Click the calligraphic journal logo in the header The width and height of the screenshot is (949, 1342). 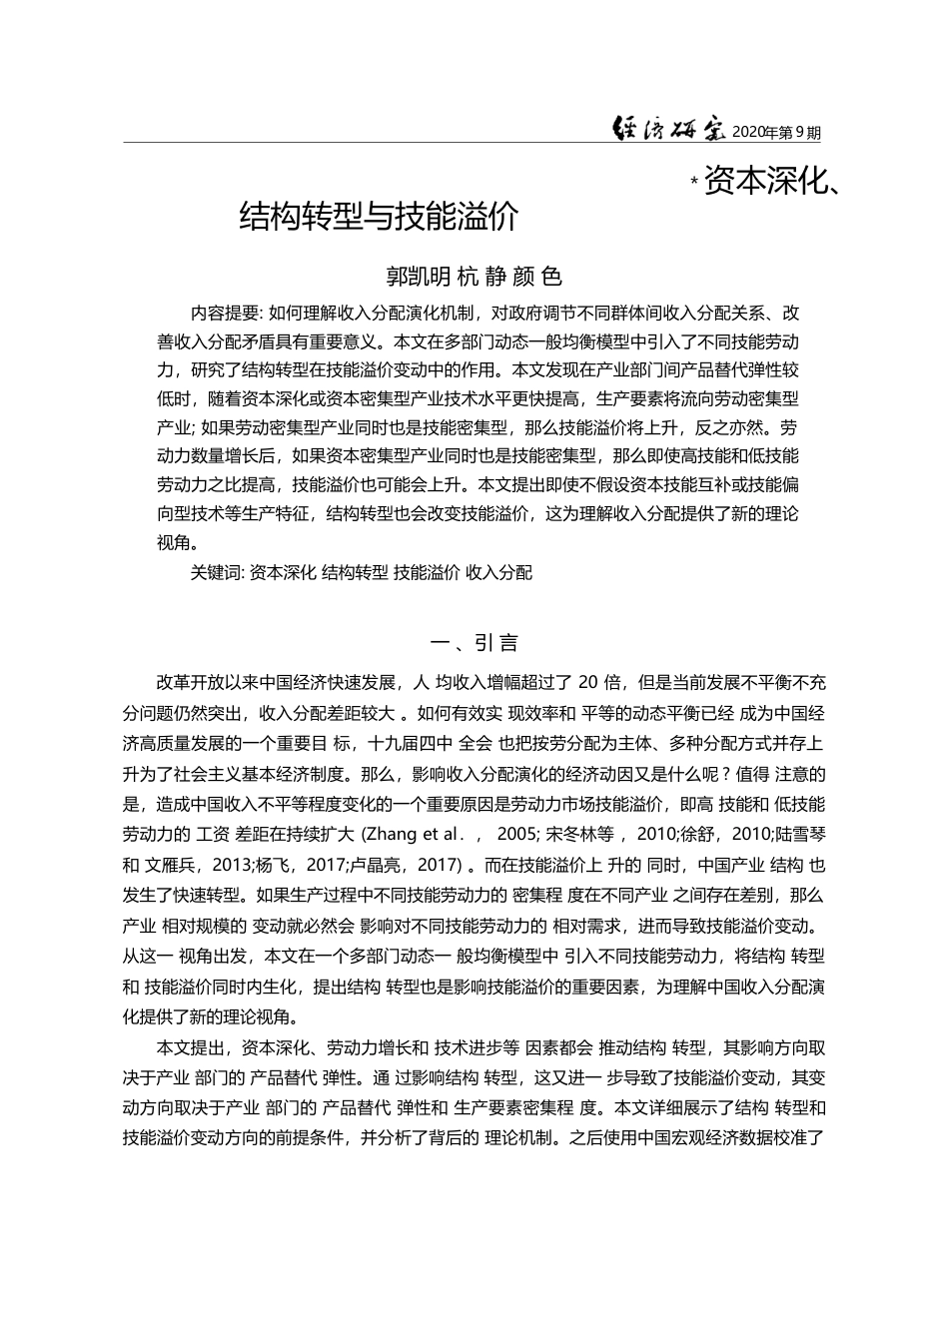[669, 130]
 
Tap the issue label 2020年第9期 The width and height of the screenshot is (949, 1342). [776, 132]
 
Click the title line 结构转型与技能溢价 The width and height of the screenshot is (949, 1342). [380, 216]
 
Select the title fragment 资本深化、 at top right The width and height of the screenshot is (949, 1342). [770, 182]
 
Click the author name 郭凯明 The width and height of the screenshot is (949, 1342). [419, 276]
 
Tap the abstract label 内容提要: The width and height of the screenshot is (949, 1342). [226, 313]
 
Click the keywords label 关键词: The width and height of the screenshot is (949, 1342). [217, 572]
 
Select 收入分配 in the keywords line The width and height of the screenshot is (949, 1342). [498, 572]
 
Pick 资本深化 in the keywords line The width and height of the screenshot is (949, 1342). [283, 572]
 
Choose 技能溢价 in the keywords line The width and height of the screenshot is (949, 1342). [427, 572]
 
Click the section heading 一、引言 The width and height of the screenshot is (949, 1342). [474, 642]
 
